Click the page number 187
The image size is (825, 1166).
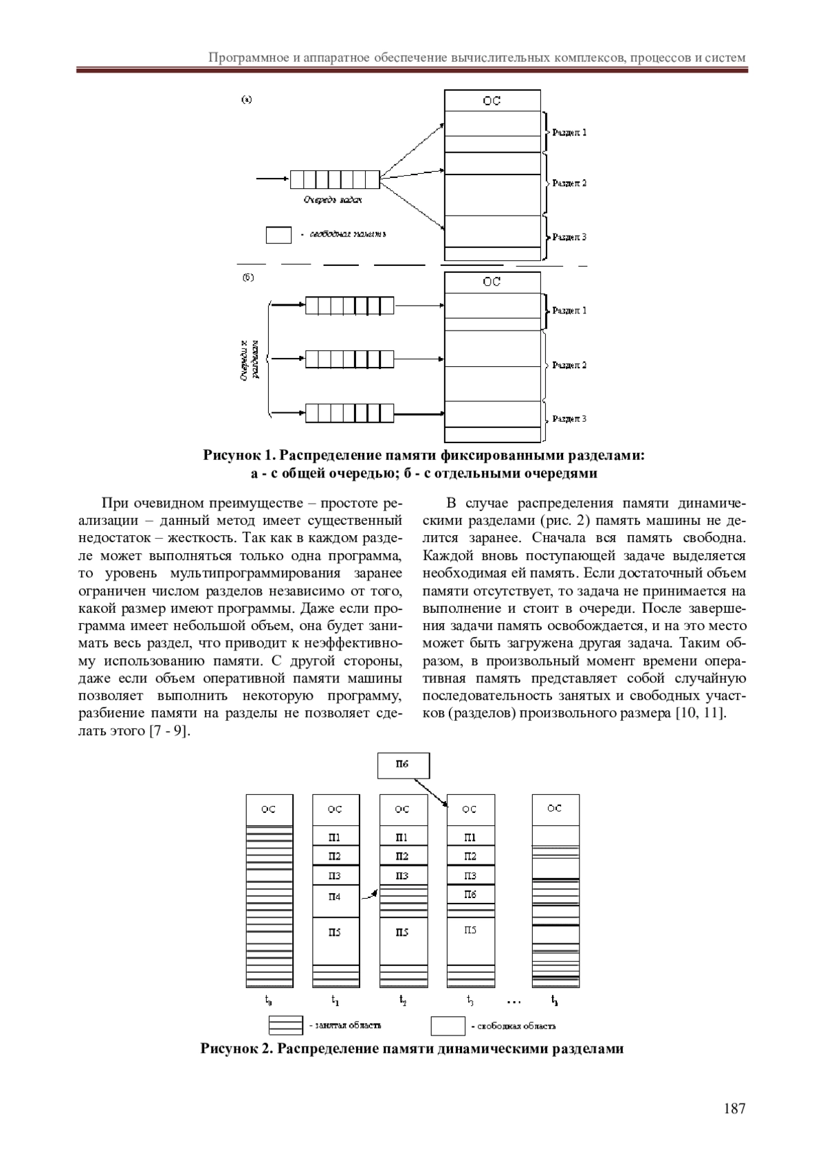[734, 1108]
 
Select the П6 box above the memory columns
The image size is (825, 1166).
[404, 765]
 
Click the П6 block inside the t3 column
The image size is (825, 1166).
[471, 894]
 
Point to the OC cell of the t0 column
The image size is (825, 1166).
[269, 809]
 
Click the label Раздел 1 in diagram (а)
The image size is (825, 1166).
[569, 132]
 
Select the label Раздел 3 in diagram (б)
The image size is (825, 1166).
[569, 418]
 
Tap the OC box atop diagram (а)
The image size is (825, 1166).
[492, 100]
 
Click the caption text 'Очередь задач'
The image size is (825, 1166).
[333, 200]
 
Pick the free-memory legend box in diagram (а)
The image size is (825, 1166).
[278, 235]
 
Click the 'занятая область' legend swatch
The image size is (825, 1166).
[285, 1025]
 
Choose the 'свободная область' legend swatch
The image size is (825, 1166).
[448, 1026]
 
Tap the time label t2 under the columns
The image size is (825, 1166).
[403, 1000]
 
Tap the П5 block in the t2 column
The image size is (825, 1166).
[403, 932]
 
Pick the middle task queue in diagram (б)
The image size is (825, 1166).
[349, 358]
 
